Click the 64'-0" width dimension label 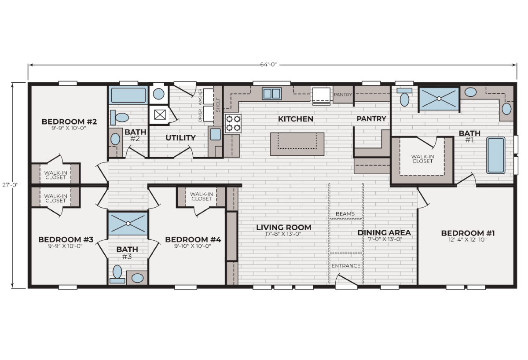coord(268,64)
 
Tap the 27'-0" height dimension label coord(11,185)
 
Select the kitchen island coord(297,144)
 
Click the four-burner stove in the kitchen coord(233,124)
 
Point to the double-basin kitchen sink coord(272,94)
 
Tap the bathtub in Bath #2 coord(128,95)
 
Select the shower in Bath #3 coord(128,223)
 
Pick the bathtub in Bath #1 coord(496,155)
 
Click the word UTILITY coord(180,138)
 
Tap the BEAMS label coord(345,214)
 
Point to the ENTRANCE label coord(346,266)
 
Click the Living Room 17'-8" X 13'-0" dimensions coord(283,234)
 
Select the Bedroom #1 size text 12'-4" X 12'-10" coord(468,240)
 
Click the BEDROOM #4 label coord(193,239)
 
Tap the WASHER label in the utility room coord(200,97)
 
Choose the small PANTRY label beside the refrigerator coord(343,95)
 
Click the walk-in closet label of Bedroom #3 coord(55,198)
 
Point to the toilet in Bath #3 coord(117,274)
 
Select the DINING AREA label coord(384,233)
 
